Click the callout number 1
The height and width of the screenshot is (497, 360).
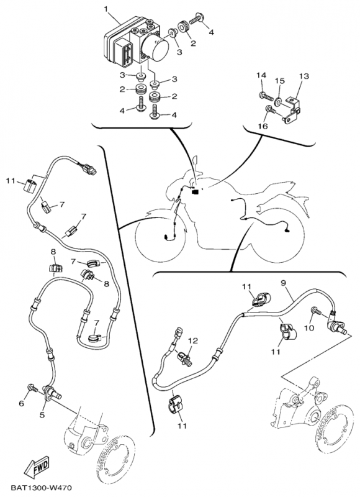point(107,9)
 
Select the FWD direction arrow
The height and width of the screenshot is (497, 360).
point(38,467)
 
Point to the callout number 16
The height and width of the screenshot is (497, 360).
point(263,126)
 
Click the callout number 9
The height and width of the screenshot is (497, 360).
point(284,282)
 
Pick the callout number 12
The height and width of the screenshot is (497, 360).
point(193,340)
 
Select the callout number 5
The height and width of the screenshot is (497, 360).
point(42,414)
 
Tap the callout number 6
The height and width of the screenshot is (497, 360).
point(22,403)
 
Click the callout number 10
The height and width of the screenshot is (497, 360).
point(309,328)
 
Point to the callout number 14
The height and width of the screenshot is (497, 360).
point(261,75)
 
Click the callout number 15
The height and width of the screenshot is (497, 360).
point(280,81)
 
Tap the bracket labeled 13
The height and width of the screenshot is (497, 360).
point(292,109)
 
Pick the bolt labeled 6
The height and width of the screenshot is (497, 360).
point(32,387)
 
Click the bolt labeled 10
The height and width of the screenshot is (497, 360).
point(317,311)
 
